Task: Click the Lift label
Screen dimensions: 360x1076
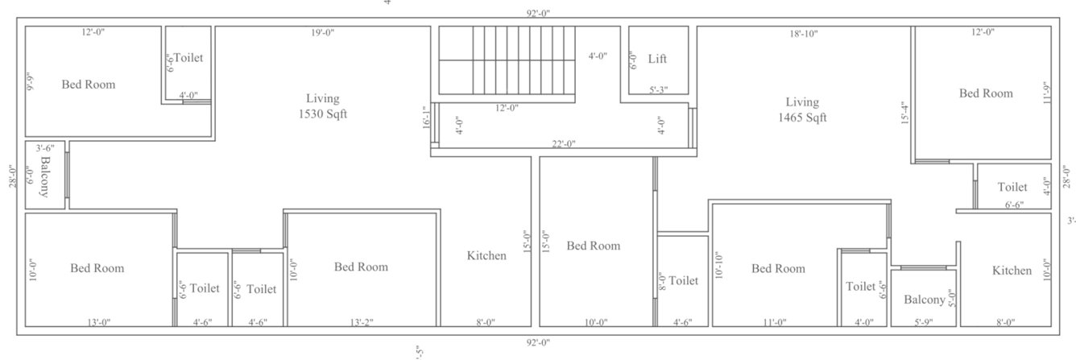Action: pos(657,60)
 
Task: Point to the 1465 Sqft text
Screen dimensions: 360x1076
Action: pos(802,117)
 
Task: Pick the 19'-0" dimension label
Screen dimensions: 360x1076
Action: pos(322,33)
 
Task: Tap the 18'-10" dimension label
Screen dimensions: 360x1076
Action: pos(803,33)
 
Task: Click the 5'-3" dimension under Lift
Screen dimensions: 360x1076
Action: pos(658,90)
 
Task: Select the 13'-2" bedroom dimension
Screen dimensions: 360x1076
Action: pos(360,322)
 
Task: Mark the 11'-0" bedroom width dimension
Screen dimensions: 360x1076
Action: pos(773,322)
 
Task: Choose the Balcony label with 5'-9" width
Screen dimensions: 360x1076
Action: pos(924,300)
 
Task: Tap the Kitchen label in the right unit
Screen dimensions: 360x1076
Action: pos(1012,271)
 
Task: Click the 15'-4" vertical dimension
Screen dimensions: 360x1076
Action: pos(905,113)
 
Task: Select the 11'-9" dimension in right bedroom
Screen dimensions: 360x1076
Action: pos(1046,93)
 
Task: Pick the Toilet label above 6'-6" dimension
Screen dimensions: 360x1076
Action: pos(1012,187)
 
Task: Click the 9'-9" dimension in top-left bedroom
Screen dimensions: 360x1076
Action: pos(31,81)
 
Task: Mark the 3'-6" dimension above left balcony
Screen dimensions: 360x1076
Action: pos(44,148)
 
